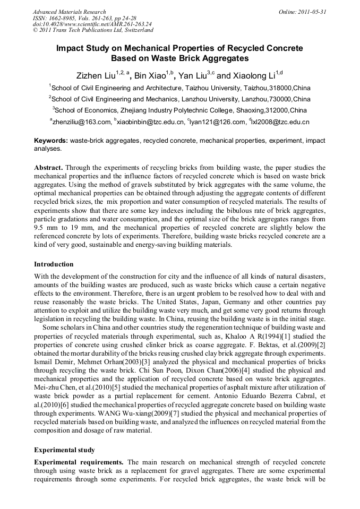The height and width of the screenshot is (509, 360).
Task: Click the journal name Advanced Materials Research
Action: [69, 12]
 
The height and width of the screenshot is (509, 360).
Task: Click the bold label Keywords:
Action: [50, 141]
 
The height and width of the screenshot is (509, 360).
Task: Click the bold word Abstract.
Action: [49, 167]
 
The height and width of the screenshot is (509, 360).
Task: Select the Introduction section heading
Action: [54, 264]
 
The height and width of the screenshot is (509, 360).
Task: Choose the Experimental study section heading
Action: [64, 450]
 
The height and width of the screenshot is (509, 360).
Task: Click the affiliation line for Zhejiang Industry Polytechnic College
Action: [179, 110]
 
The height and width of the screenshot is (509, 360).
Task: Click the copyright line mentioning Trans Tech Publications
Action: [93, 31]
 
